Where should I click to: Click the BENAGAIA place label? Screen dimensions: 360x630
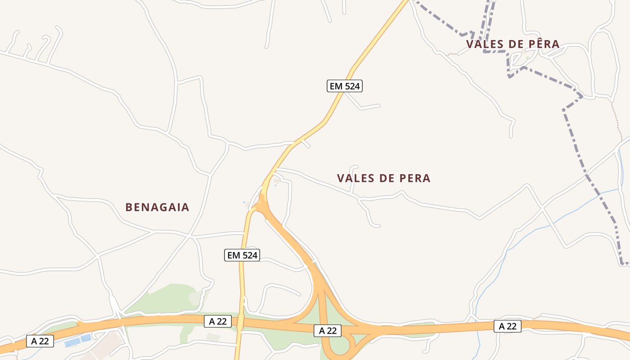(x=157, y=207)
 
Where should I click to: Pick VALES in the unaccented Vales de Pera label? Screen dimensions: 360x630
(x=356, y=178)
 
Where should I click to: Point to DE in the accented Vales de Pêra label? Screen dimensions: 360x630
(x=517, y=44)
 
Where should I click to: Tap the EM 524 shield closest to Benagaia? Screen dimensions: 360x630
(x=242, y=255)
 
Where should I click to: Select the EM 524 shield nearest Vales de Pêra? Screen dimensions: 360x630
(x=344, y=86)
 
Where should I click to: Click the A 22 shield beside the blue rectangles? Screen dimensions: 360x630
(x=40, y=341)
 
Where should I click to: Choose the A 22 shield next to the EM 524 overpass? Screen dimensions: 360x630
(x=218, y=321)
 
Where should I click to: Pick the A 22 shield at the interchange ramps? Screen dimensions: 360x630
(x=328, y=331)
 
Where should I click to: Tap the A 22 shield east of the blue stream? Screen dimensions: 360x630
(x=508, y=326)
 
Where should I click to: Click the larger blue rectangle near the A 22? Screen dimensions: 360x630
(x=72, y=343)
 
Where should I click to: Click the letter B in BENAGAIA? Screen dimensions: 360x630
(x=128, y=207)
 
